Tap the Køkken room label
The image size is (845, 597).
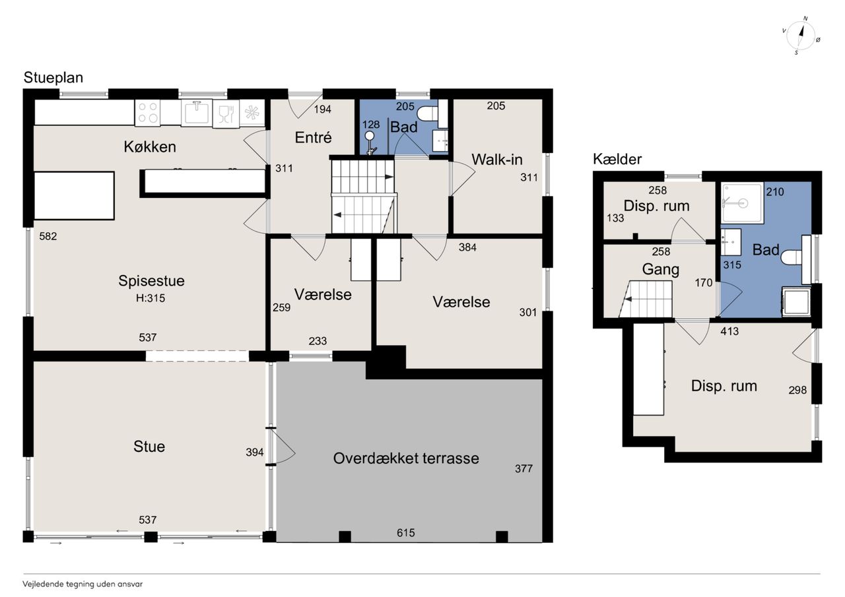point(150,146)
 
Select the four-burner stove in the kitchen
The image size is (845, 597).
point(147,112)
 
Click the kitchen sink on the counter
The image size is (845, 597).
point(197,112)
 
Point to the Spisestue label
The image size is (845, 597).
point(151,281)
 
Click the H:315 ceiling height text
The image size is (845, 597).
point(151,298)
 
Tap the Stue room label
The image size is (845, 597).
point(149,447)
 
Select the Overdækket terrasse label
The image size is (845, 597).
point(406,458)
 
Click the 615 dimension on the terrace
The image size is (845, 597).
point(405,532)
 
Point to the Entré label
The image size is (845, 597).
point(313,138)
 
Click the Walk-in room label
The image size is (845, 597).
point(497,160)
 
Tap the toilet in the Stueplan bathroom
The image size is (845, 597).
point(427,113)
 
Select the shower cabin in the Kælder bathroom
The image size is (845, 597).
point(742,203)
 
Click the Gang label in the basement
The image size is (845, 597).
point(661,270)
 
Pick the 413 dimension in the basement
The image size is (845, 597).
point(729,331)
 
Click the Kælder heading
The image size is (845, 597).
point(617,159)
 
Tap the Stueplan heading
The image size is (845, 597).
point(53,78)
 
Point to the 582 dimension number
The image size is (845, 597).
point(48,236)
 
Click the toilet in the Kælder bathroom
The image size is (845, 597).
point(792,259)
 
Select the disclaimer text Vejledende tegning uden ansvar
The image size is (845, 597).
point(83,584)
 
